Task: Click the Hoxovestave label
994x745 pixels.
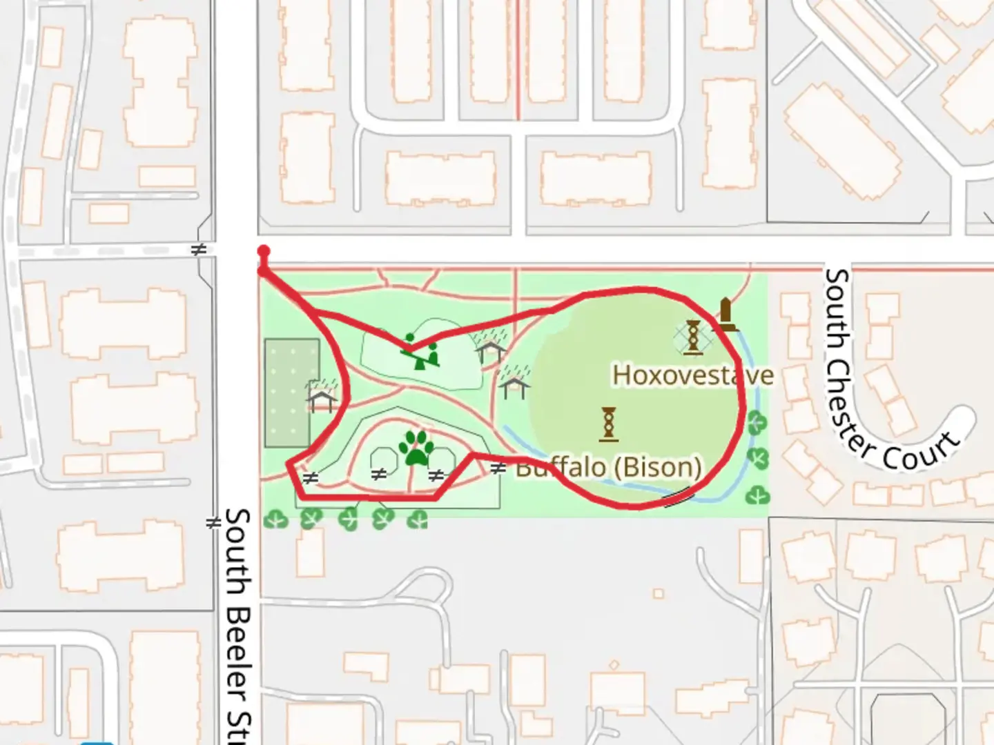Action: [x=692, y=375]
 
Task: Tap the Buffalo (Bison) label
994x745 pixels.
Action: [x=609, y=467]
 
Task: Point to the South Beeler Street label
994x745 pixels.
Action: [x=238, y=621]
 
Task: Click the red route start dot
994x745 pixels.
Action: [x=264, y=252]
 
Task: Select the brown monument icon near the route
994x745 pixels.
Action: [x=725, y=314]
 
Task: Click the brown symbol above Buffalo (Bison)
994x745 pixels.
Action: [x=609, y=423]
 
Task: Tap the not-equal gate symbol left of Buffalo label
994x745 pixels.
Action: [x=498, y=469]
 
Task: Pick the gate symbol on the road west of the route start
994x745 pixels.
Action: [x=199, y=250]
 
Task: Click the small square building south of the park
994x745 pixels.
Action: [x=659, y=593]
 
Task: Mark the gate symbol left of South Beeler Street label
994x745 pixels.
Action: [x=213, y=524]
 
